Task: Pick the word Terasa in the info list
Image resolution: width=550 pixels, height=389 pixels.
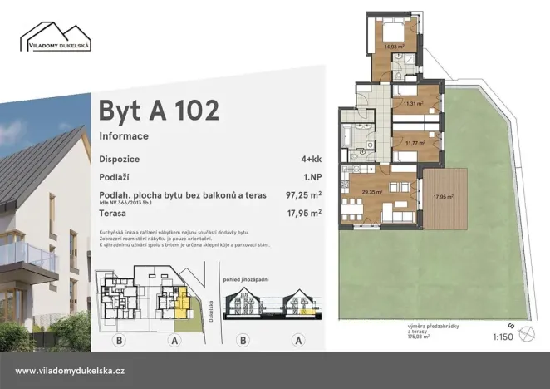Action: pyautogui.click(x=113, y=213)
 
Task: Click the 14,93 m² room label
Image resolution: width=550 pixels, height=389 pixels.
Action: pyautogui.click(x=394, y=47)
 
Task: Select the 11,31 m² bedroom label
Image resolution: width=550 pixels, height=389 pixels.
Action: pyautogui.click(x=413, y=104)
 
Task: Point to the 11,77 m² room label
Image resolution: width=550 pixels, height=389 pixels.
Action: pyautogui.click(x=415, y=142)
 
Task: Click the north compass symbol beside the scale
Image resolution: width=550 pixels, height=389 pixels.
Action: pyautogui.click(x=525, y=334)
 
